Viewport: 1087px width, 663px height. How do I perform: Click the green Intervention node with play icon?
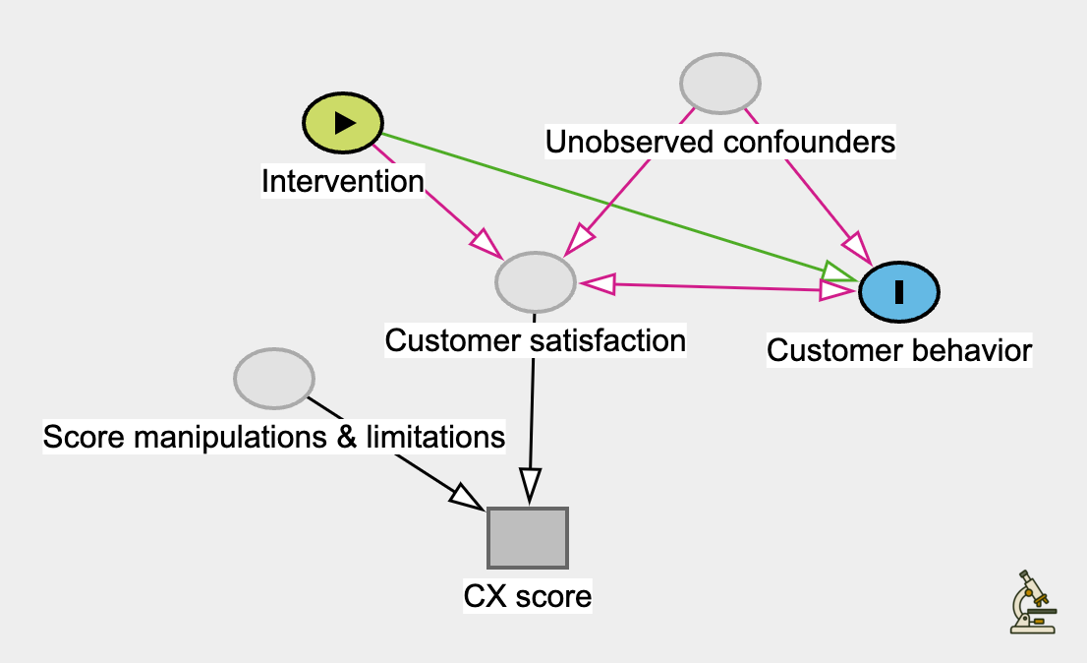point(342,122)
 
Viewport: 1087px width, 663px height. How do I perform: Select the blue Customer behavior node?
point(899,291)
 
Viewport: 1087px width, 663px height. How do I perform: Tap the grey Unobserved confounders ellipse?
point(721,85)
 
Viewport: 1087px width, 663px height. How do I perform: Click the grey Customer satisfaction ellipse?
point(535,282)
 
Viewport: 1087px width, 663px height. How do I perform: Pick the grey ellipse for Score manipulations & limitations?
point(274,378)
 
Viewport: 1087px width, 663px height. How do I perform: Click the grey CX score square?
point(528,537)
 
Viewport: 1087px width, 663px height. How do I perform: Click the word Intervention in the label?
point(342,181)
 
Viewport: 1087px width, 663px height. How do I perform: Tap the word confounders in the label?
point(809,143)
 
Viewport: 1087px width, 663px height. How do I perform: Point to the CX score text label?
point(528,596)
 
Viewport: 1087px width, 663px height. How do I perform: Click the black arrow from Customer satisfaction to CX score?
point(532,413)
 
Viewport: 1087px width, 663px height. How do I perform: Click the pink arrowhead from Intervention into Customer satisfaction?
point(485,242)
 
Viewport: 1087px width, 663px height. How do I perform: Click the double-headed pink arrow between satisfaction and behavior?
point(717,286)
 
